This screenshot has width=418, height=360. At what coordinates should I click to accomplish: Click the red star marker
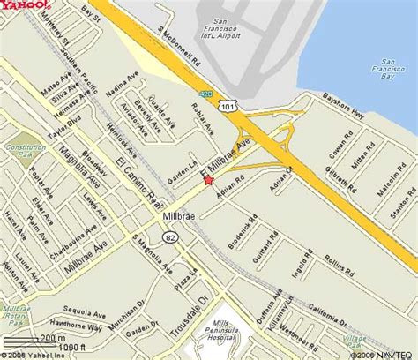208,180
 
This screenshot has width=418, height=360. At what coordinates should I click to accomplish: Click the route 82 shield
168,236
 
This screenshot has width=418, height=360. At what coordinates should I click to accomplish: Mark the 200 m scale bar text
52,337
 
